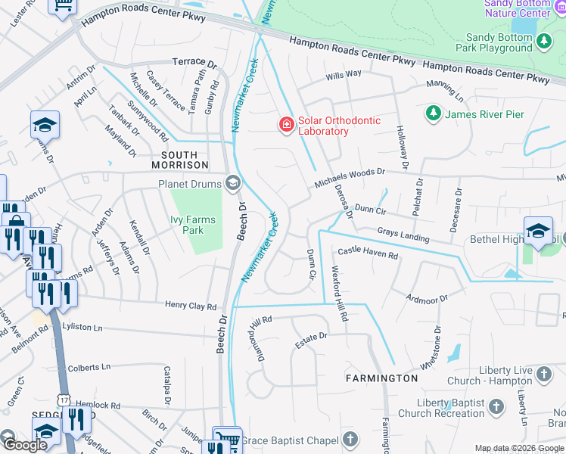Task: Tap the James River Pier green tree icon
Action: coord(433,114)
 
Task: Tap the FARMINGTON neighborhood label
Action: coord(381,378)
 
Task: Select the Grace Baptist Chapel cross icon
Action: coord(350,438)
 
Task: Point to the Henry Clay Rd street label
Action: coord(191,306)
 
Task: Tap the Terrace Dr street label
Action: coord(189,61)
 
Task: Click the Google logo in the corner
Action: coord(24,445)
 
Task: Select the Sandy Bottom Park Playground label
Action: coord(499,42)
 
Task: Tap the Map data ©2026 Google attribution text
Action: coord(519,448)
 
